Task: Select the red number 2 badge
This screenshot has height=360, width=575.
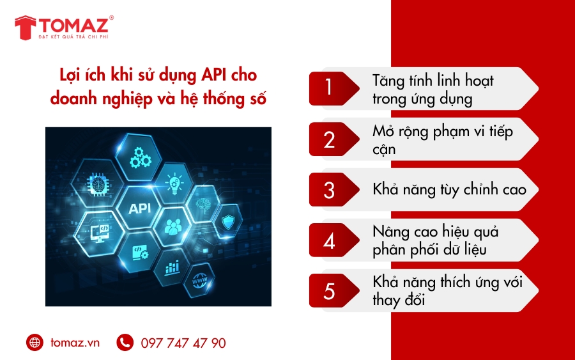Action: coord(330,139)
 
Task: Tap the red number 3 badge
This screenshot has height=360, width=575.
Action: coord(330,190)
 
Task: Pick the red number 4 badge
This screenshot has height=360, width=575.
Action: coord(330,241)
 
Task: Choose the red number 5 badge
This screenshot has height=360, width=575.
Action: coord(330,291)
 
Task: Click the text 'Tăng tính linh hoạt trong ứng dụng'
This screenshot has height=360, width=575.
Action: coord(433,90)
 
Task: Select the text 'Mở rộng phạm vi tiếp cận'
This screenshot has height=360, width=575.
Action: coord(442,140)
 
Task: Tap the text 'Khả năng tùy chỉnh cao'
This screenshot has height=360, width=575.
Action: coord(449,190)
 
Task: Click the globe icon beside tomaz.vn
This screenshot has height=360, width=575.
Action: coord(34,343)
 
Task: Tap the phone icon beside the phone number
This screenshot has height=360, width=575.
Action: coord(125,343)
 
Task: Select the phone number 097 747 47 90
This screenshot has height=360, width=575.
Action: coord(183,343)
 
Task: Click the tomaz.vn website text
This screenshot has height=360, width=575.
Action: coord(75,343)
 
